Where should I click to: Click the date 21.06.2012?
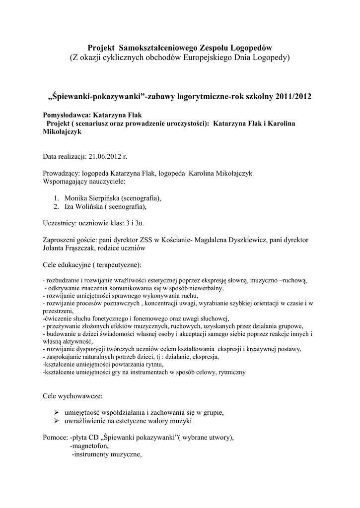click(104, 157)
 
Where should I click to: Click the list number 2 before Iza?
click(56, 206)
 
